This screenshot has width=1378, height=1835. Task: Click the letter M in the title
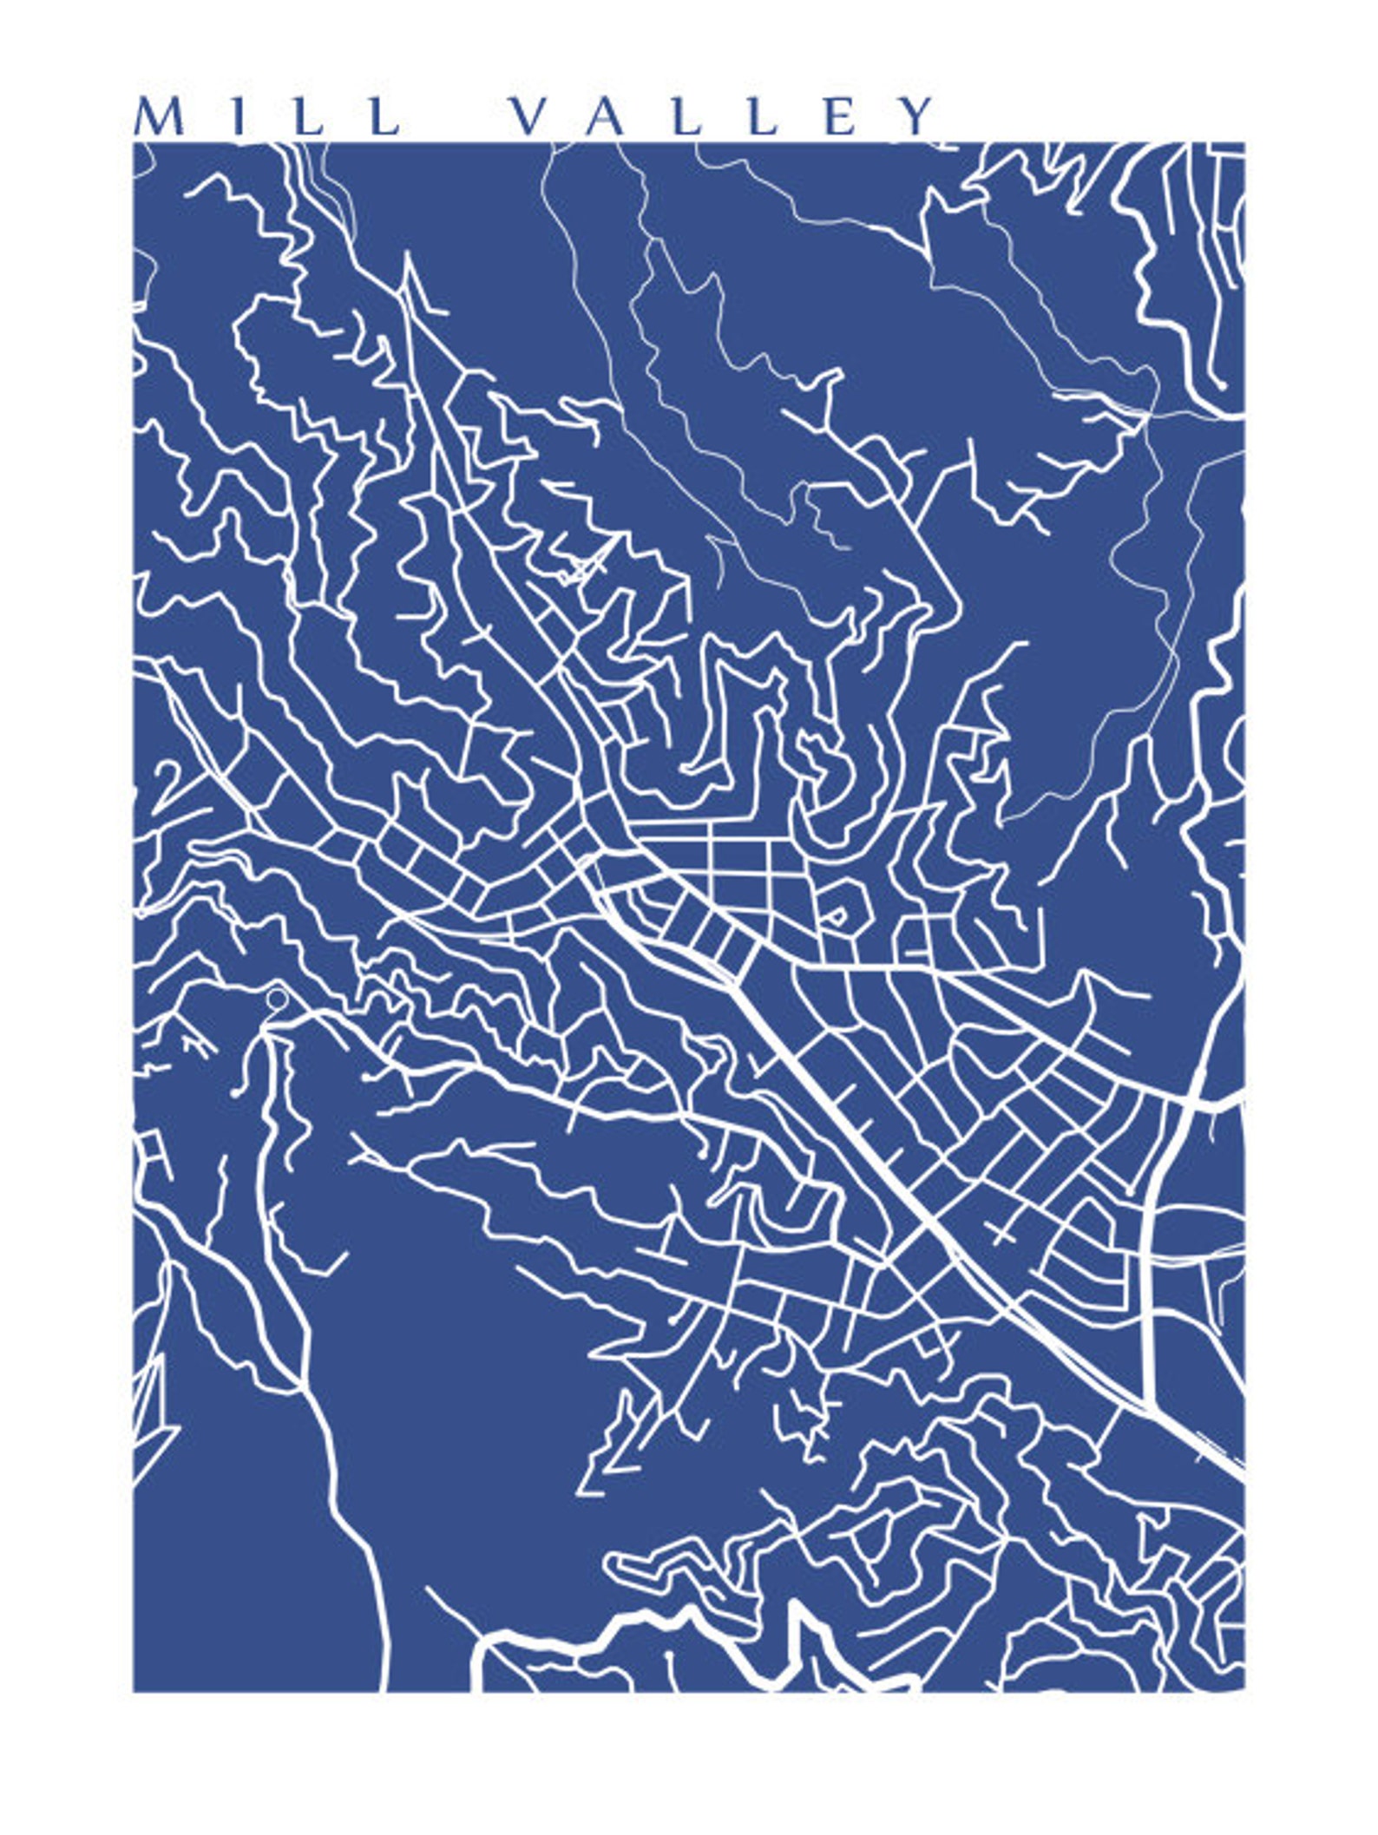click(x=161, y=116)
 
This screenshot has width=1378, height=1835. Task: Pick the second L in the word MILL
click(x=383, y=116)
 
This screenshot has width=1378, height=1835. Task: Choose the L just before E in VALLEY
click(x=761, y=116)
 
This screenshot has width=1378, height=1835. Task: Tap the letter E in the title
click(x=840, y=116)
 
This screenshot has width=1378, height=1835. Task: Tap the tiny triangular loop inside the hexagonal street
click(x=836, y=915)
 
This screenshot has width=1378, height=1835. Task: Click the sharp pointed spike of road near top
click(x=406, y=260)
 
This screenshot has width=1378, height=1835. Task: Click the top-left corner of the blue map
click(x=134, y=143)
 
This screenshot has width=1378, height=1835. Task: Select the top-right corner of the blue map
click(x=1244, y=143)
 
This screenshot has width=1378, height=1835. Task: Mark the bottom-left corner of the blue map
click(x=134, y=1691)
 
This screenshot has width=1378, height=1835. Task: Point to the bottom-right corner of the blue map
click(x=1244, y=1691)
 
